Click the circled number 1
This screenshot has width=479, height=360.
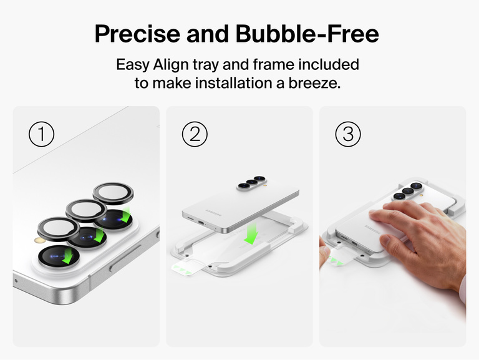tap(42, 134)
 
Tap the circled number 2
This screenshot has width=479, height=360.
tap(194, 134)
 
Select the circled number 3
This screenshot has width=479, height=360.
tap(348, 134)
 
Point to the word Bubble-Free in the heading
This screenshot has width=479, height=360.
tap(307, 34)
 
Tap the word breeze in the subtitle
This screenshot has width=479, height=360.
tap(315, 83)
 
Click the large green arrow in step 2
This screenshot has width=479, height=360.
tap(252, 235)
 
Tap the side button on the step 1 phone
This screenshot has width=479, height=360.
tap(124, 263)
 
